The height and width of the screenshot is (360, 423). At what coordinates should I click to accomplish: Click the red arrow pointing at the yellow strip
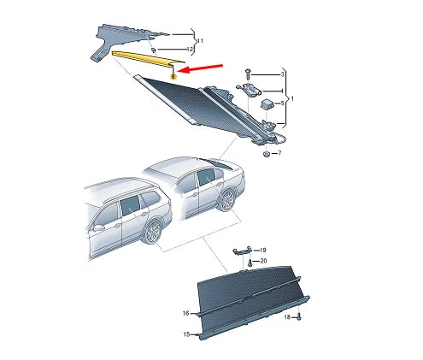203,69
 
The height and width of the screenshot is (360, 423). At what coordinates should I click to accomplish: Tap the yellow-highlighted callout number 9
173,76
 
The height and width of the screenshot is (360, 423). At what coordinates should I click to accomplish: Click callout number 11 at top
201,41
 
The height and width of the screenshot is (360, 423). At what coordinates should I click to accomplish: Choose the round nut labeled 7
267,153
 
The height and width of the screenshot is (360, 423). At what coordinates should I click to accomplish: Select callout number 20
264,260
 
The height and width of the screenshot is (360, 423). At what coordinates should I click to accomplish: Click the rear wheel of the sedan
227,199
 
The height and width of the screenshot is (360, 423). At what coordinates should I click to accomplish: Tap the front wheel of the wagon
154,232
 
